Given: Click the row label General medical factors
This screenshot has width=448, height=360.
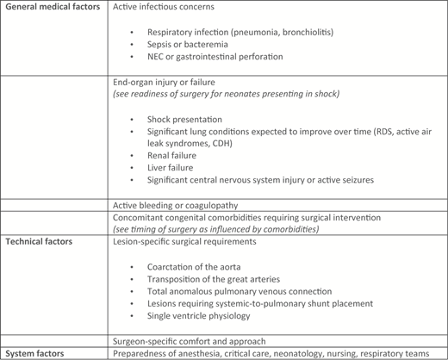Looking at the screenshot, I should click(x=51, y=7).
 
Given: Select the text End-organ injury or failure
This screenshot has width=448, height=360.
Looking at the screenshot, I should click(x=166, y=81).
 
